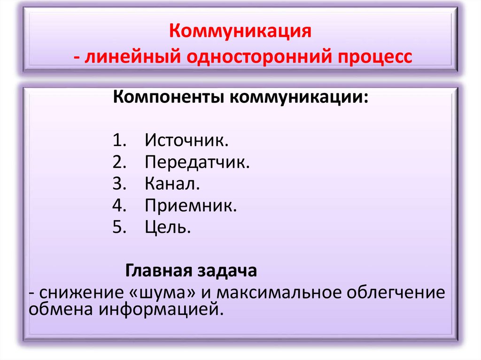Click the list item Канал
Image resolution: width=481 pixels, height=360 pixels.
(172, 184)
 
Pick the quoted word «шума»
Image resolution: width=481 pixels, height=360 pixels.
(161, 293)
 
